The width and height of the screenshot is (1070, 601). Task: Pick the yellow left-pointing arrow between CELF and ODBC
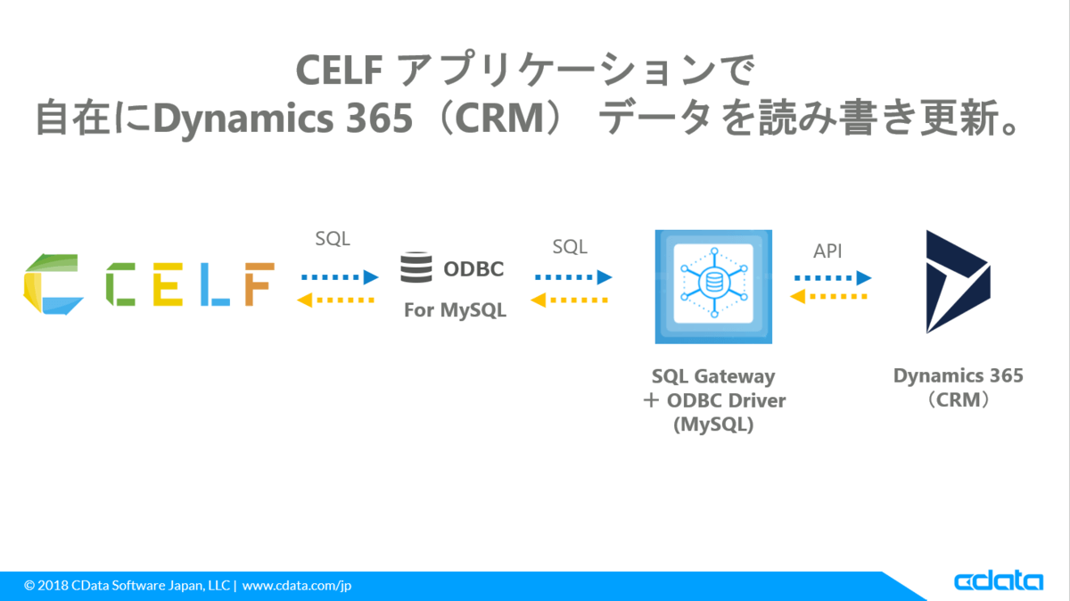(337, 300)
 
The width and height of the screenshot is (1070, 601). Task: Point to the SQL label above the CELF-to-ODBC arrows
(333, 239)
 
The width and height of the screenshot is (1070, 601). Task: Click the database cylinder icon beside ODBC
(416, 268)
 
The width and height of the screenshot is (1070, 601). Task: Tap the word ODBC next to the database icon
(473, 268)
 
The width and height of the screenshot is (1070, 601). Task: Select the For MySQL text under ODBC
(455, 310)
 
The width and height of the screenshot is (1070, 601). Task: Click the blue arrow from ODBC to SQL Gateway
(573, 276)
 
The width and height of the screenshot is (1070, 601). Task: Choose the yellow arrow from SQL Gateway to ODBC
(572, 300)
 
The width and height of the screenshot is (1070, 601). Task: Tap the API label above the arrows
(827, 251)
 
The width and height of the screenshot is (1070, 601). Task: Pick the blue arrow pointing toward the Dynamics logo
(832, 276)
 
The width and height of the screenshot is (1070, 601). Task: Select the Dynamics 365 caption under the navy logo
(959, 375)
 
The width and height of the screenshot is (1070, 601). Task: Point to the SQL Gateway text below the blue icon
(713, 376)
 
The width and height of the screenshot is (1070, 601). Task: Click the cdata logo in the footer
(999, 581)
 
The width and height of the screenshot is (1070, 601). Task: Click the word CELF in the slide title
(340, 70)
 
